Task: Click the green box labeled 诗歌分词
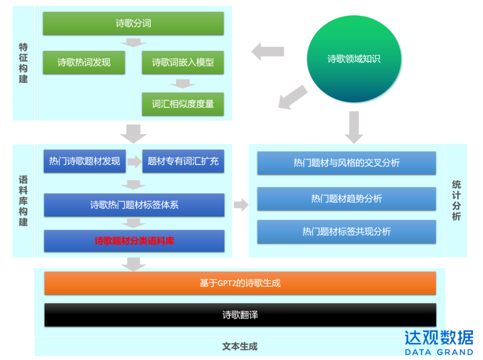point(133,24)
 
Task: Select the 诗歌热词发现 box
point(84,62)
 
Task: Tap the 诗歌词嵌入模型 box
point(183,62)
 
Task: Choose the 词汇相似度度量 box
point(183,104)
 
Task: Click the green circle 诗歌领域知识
point(354,59)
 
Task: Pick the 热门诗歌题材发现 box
point(84,161)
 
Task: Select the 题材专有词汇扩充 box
point(183,161)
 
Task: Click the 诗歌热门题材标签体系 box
point(134,205)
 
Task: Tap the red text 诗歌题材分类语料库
point(134,241)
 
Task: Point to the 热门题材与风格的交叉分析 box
point(346,163)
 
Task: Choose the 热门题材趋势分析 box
point(346,199)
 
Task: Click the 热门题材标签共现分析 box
point(346,232)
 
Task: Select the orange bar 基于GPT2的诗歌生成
point(240,283)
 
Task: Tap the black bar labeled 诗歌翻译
point(240,315)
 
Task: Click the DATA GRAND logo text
point(439,352)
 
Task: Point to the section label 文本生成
point(240,346)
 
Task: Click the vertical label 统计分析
point(456,201)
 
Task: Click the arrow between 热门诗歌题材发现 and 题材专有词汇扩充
point(134,162)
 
